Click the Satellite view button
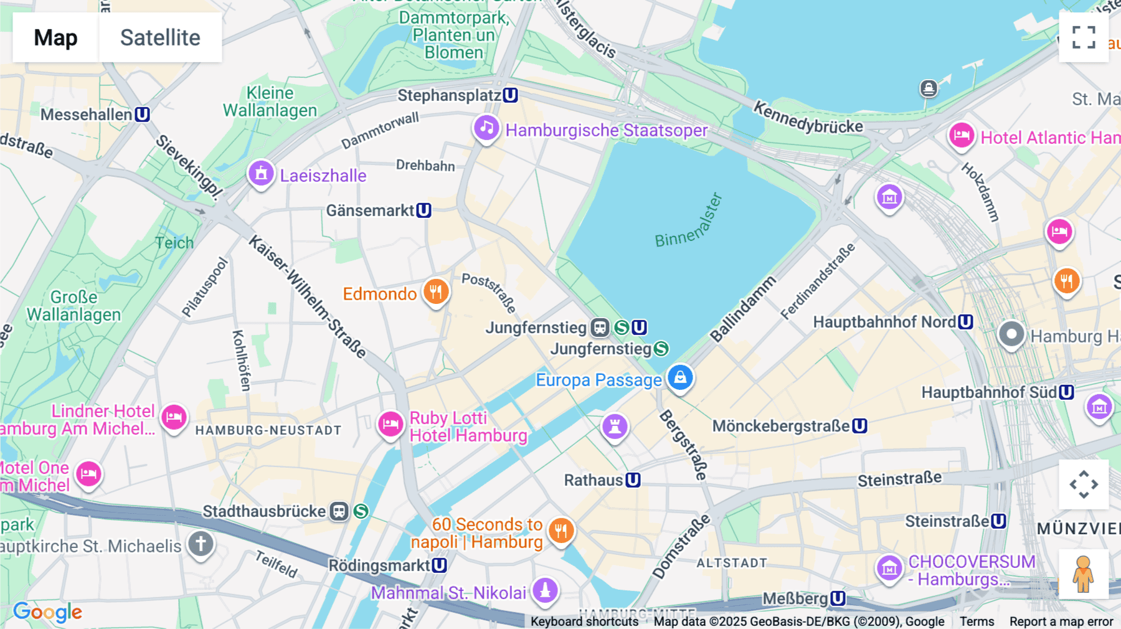coord(160,37)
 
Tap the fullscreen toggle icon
coord(1084,37)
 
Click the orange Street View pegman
coord(1084,574)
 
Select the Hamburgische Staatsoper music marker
coord(486,128)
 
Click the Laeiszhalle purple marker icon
coord(261,174)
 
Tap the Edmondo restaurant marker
coord(436,291)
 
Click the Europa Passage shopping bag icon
coord(680,377)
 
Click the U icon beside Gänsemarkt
coord(424,210)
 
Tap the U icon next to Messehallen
coord(143,115)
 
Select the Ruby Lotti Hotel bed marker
coord(390,425)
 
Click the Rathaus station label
coord(594,480)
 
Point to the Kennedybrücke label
coord(808,118)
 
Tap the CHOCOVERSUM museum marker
coord(889,568)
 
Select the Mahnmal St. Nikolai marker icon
coord(545,590)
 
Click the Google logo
coord(47,612)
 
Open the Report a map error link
coord(1061,622)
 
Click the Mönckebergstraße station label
coord(781,426)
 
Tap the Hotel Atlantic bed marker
coord(961,136)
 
